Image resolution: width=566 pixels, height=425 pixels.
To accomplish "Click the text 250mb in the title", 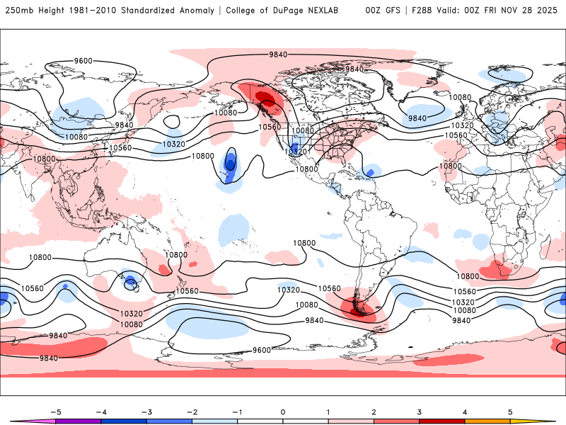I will (19, 11).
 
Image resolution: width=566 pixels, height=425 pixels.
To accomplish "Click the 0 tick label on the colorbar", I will (282, 412).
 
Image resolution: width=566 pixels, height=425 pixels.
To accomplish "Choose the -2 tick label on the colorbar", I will (192, 412).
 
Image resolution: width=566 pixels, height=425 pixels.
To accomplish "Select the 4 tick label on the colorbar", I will (464, 412).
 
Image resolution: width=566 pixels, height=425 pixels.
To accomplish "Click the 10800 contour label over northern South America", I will (305, 243).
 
